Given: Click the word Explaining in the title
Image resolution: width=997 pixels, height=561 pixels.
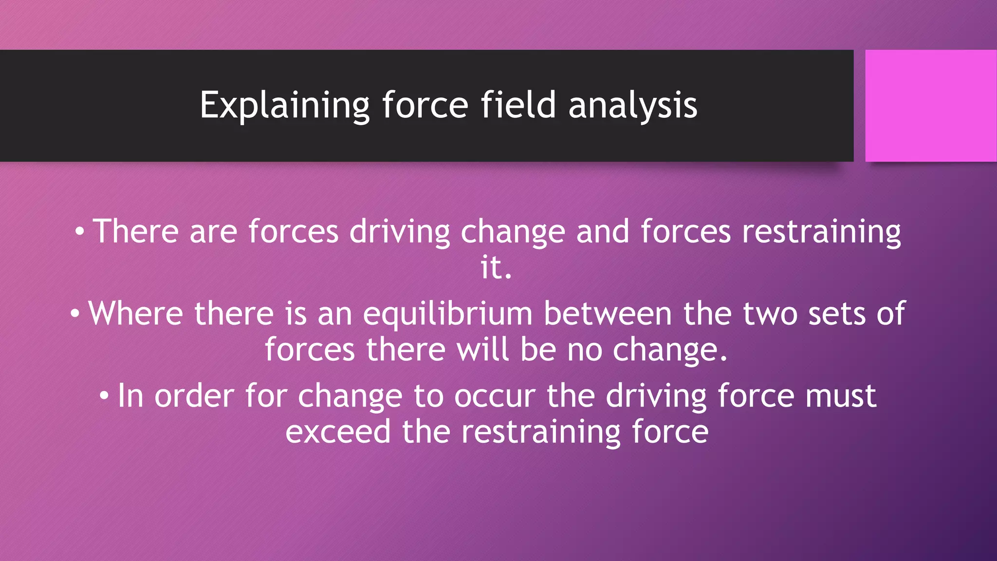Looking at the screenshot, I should click(285, 105).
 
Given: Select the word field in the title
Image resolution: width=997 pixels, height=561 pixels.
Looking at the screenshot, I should click(518, 105).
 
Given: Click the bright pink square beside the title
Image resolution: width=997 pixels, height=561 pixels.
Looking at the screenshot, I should click(930, 106).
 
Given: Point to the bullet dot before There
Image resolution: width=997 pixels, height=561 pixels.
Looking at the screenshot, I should click(80, 232).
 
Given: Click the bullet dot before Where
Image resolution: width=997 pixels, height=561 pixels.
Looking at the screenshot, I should click(74, 314).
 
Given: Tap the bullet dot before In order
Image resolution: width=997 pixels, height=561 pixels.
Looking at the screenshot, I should click(104, 396).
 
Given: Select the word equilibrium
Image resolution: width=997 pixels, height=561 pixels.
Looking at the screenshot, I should click(447, 314).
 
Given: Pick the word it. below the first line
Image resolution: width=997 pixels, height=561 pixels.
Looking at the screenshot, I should click(496, 267).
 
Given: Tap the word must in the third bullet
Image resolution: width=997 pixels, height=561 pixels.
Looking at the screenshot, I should click(841, 396).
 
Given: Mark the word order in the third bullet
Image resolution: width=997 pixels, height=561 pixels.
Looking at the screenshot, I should click(194, 396).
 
